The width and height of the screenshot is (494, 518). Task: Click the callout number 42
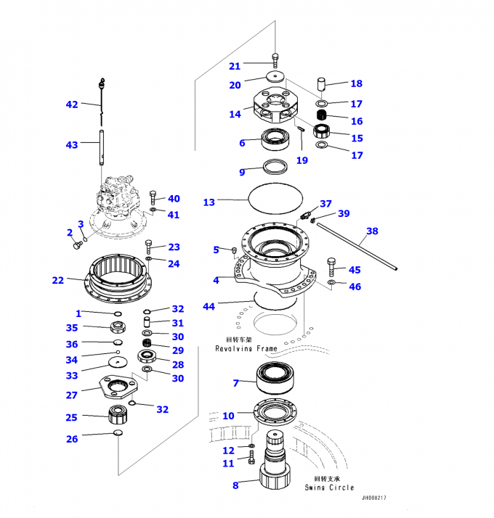(x=71, y=104)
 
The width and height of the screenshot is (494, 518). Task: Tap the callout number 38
(x=372, y=231)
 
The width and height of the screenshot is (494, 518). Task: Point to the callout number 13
(x=209, y=202)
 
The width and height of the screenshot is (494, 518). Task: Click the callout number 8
(x=235, y=485)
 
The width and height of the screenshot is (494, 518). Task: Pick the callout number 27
(x=71, y=395)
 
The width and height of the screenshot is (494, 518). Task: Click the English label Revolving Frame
(x=246, y=349)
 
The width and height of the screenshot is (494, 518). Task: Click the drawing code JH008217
(x=374, y=498)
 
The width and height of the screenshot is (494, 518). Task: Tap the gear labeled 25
(x=118, y=416)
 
